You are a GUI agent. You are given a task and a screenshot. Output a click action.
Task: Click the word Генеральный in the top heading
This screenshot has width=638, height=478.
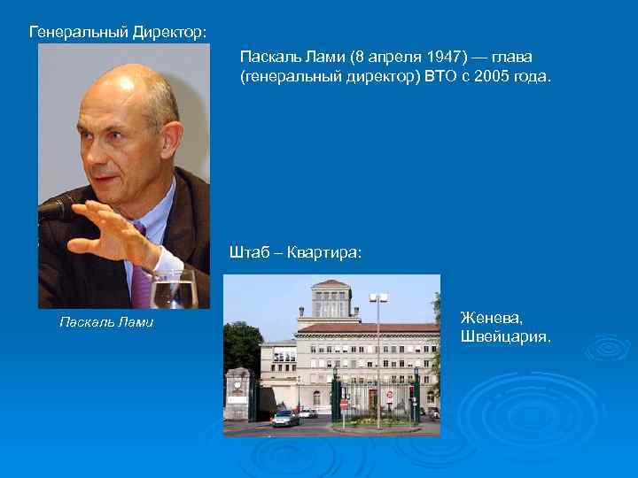[x=78, y=32]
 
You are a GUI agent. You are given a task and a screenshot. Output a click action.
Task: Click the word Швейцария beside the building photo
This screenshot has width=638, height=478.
[x=505, y=337]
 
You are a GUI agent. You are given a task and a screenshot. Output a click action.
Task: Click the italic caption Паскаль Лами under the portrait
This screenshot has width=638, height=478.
[x=105, y=322]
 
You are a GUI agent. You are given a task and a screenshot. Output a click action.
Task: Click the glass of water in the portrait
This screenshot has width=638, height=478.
[x=173, y=289]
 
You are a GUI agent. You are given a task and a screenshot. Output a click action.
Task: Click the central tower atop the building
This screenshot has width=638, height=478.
[x=331, y=297]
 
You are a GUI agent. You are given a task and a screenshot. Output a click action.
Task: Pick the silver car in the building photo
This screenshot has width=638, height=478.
[x=284, y=418]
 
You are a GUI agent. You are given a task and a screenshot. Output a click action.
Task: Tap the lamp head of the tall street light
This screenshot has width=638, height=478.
[x=378, y=298]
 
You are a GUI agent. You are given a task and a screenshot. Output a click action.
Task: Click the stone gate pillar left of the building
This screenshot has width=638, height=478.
[x=237, y=395]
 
